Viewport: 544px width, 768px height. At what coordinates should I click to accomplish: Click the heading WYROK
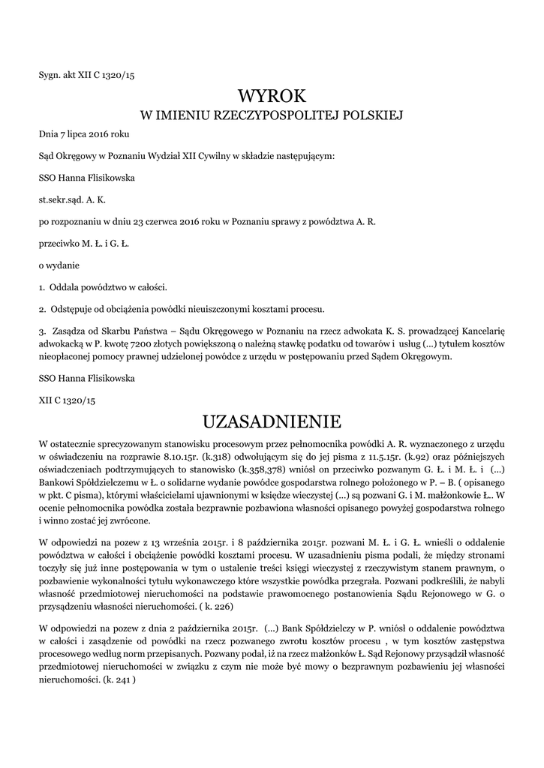click(272, 95)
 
